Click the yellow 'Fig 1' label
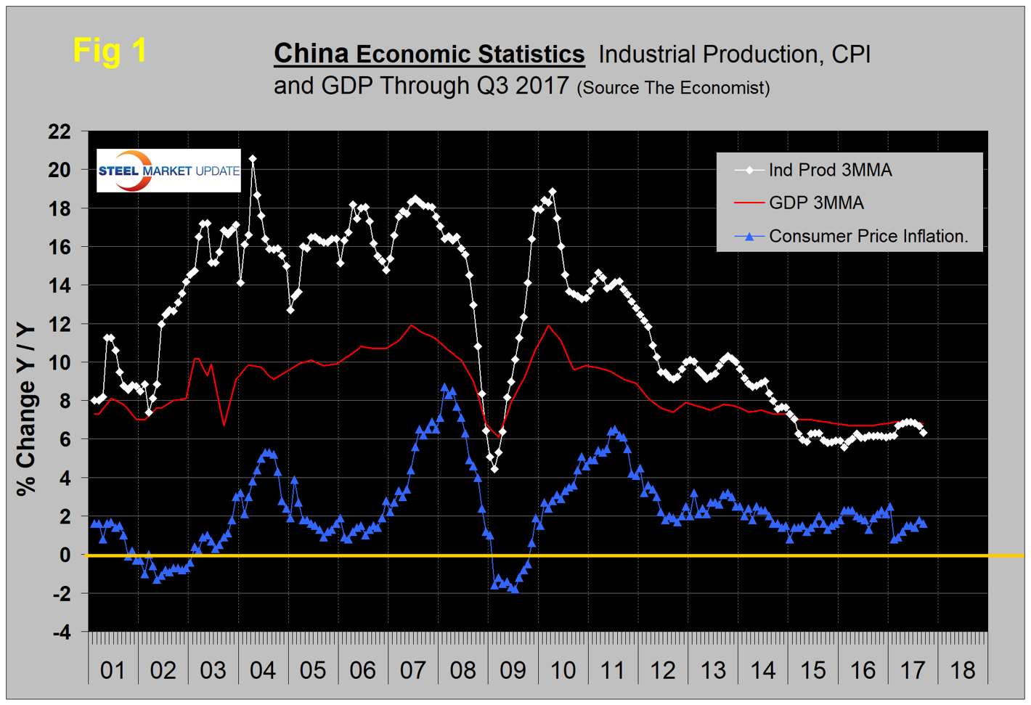[x=110, y=51]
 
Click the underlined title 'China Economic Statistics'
[x=428, y=54]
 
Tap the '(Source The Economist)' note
[x=673, y=88]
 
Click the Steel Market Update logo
[x=168, y=171]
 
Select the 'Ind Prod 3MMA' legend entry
[x=830, y=170]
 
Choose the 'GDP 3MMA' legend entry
[x=816, y=203]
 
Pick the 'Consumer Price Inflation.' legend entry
[x=868, y=236]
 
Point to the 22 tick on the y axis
[x=60, y=131]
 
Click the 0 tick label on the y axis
[x=65, y=555]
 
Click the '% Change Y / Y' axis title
[x=26, y=410]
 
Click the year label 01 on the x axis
[x=113, y=669]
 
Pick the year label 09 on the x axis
[x=513, y=669]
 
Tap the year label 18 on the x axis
[x=963, y=669]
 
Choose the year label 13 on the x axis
[x=713, y=669]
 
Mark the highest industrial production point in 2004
[x=253, y=159]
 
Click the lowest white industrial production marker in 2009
[x=494, y=469]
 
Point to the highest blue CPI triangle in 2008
[x=445, y=388]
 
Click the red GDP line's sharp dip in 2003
[x=224, y=425]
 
